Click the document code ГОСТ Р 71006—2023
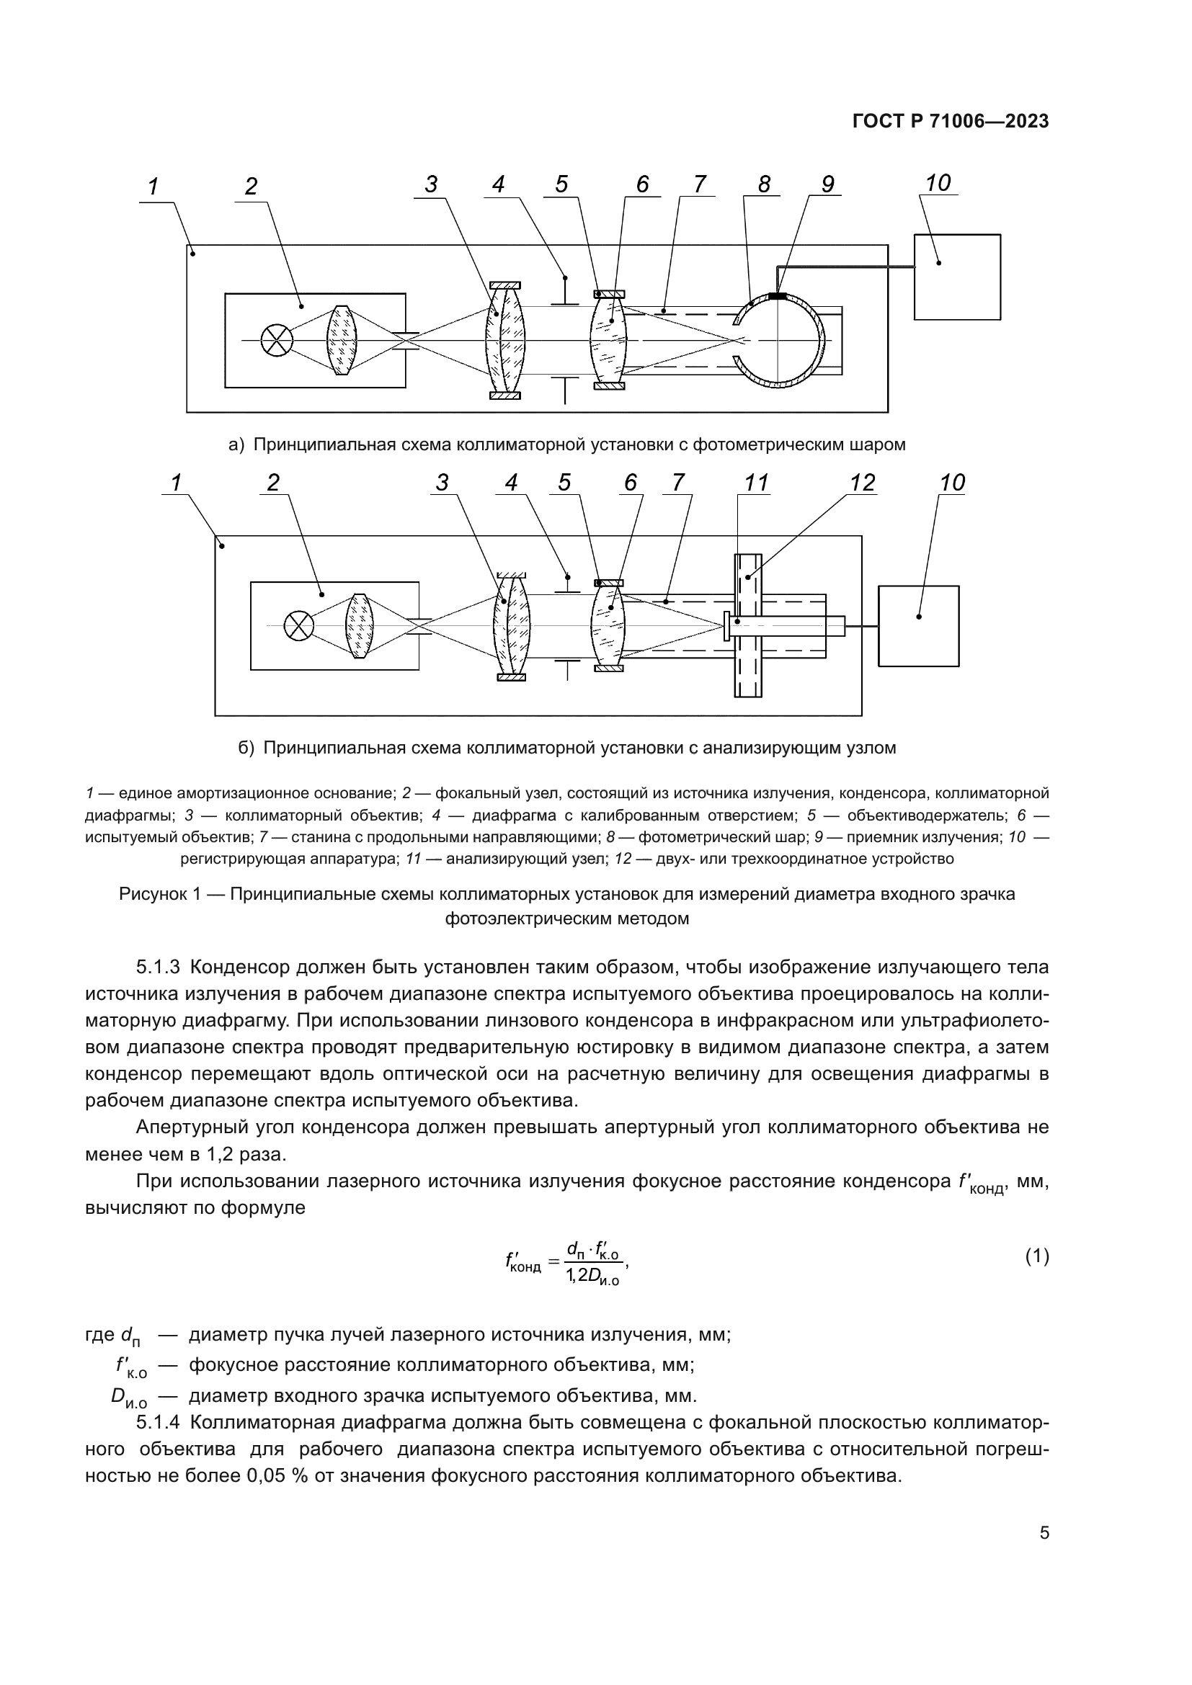[x=951, y=122]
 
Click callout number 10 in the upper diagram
[x=938, y=183]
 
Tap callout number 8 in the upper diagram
[x=764, y=184]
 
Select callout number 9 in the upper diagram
[x=827, y=184]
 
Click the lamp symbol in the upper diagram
[x=277, y=341]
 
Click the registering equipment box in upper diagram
[x=957, y=277]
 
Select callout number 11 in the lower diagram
[x=755, y=483]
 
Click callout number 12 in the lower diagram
[x=863, y=483]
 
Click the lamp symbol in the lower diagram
[x=298, y=626]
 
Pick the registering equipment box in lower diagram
[x=918, y=626]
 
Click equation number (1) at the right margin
[x=1036, y=1257]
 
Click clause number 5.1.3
[x=158, y=967]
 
